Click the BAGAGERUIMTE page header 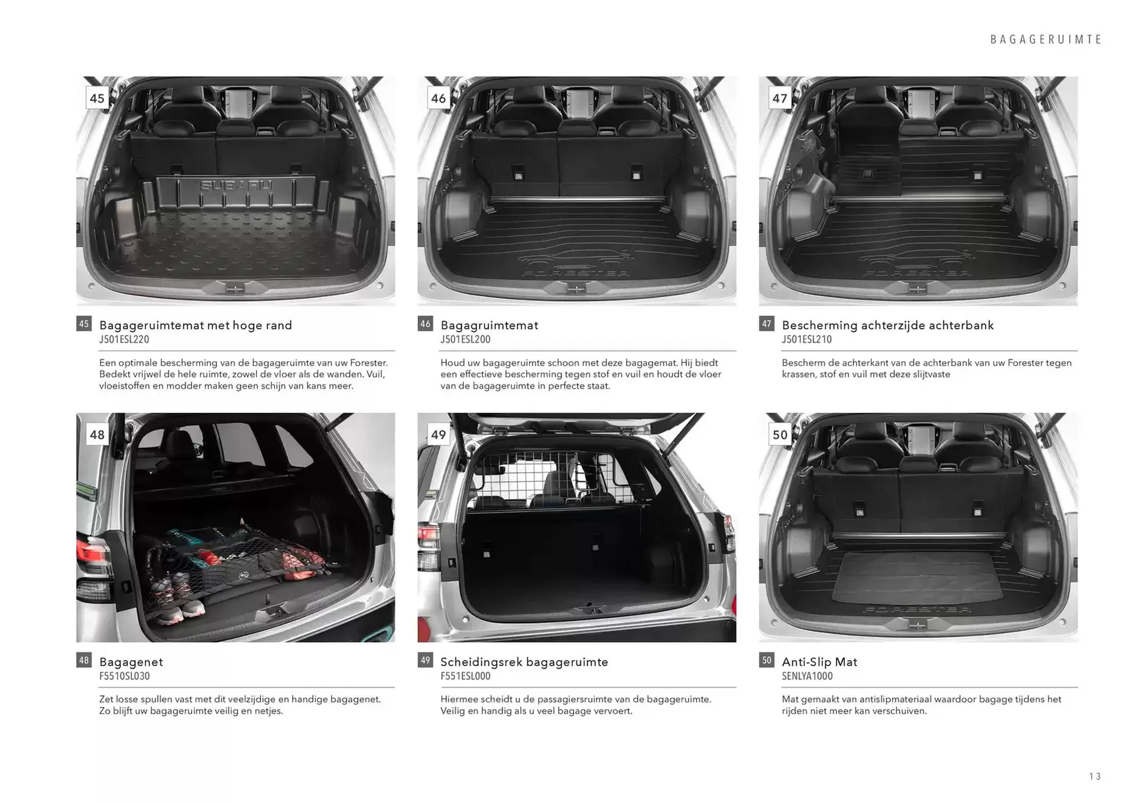click(x=1046, y=40)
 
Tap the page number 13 click(x=1095, y=776)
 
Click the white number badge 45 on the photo click(x=97, y=98)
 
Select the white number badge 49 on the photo click(x=438, y=435)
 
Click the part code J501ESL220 click(x=124, y=339)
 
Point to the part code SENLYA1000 click(x=807, y=676)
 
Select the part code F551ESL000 click(x=465, y=676)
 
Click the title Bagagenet click(x=131, y=662)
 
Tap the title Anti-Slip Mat click(x=819, y=662)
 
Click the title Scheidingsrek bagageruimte click(x=524, y=662)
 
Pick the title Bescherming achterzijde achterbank click(x=887, y=325)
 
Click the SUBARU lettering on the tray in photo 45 click(x=236, y=186)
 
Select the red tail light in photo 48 click(x=93, y=553)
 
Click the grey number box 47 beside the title click(x=766, y=323)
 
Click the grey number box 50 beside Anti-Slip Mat click(x=766, y=660)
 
